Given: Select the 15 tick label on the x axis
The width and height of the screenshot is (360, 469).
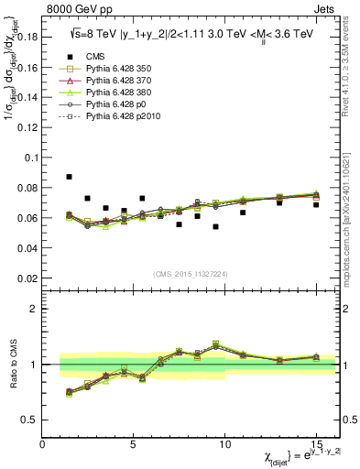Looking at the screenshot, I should [x=316, y=444].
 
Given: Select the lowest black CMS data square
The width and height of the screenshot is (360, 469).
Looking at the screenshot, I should [x=215, y=226].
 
